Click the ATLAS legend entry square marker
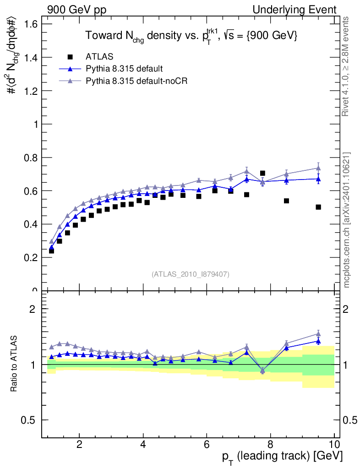[x=70, y=57]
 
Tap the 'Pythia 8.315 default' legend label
[x=124, y=69]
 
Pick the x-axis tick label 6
[x=207, y=444]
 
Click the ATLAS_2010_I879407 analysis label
[x=191, y=274]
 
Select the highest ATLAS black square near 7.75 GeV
[x=262, y=173]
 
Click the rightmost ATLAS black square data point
[x=318, y=207]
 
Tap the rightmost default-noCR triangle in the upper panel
[x=318, y=168]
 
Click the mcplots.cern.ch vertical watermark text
[x=347, y=220]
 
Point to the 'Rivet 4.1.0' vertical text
[x=347, y=66]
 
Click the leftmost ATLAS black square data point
[x=51, y=251]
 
